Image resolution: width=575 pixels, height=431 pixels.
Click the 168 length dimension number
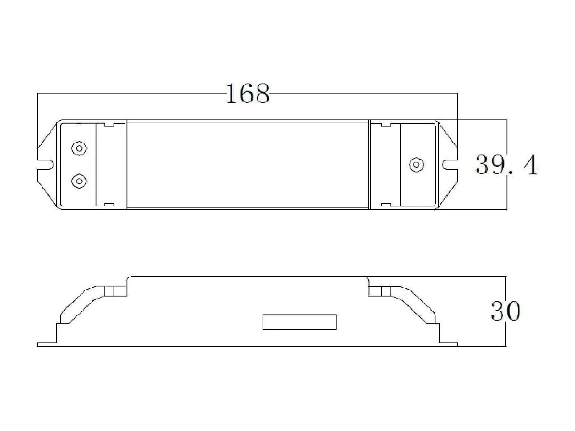[x=248, y=94]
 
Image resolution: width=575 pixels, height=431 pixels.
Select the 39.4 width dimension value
[x=507, y=165]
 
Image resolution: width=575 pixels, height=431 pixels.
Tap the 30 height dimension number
[x=505, y=311]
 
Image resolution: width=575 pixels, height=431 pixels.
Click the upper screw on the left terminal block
[x=79, y=148]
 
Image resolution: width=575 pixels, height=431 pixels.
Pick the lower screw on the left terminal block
[x=79, y=181]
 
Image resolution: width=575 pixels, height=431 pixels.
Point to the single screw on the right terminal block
[x=416, y=165]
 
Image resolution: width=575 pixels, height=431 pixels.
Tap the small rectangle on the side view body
[x=299, y=322]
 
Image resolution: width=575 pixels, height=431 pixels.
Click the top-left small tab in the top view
[x=109, y=124]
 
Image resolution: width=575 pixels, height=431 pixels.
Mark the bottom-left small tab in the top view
[x=109, y=204]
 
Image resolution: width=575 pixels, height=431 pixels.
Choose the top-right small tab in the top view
[x=386, y=124]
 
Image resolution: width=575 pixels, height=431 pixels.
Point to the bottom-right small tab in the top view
[x=386, y=204]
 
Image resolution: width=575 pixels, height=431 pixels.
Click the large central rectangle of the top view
[x=248, y=164]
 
